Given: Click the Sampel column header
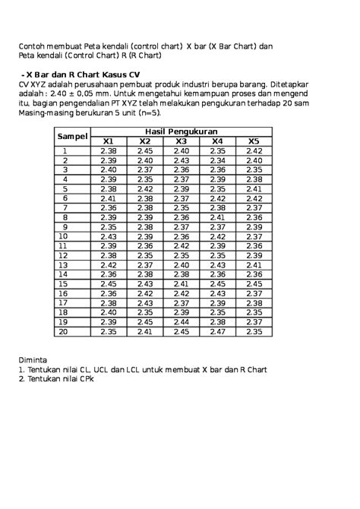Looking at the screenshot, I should pyautogui.click(x=72, y=136).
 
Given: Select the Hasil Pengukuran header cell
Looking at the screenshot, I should pyautogui.click(x=182, y=131).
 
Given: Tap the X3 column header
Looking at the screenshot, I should pyautogui.click(x=181, y=141).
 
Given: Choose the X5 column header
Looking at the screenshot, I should pyautogui.click(x=254, y=141).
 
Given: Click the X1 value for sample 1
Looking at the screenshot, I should pyautogui.click(x=108, y=151).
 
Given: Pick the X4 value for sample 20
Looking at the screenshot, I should pyautogui.click(x=217, y=331).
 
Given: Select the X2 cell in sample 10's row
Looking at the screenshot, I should pyautogui.click(x=144, y=236).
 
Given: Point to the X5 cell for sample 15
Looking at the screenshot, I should pyautogui.click(x=254, y=284).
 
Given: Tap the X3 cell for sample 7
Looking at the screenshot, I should pyautogui.click(x=181, y=208).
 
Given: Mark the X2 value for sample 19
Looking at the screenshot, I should pyautogui.click(x=144, y=322).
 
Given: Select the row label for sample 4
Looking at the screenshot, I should pyautogui.click(x=65, y=179).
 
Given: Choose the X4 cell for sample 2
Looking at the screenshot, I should pyautogui.click(x=217, y=160).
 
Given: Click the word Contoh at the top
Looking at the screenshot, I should pyautogui.click(x=34, y=46).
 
